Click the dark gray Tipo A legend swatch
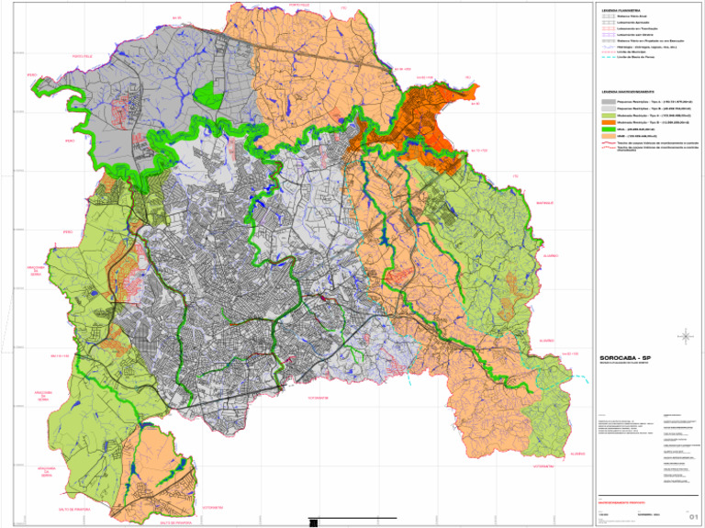pyautogui.click(x=608, y=101)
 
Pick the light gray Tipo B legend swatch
pyautogui.click(x=608, y=107)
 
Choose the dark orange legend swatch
pyautogui.click(x=608, y=121)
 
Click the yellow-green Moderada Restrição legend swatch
pyautogui.click(x=608, y=115)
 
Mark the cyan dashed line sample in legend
pyautogui.click(x=608, y=58)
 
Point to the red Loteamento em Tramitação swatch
pyautogui.click(x=608, y=28)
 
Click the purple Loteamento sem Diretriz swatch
pyautogui.click(x=608, y=35)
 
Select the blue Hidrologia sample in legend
pyautogui.click(x=608, y=47)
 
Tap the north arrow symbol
pyautogui.click(x=684, y=337)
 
